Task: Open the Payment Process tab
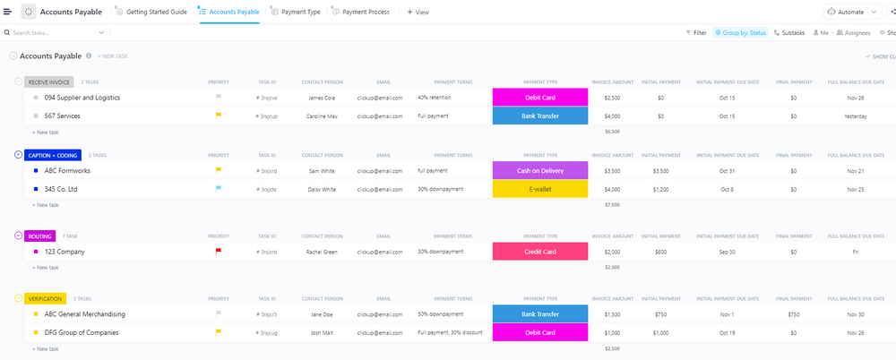(366, 13)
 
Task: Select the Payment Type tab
(300, 13)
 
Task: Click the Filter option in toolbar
(696, 32)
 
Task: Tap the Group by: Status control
(740, 32)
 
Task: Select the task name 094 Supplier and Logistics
(82, 98)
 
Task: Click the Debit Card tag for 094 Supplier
(539, 98)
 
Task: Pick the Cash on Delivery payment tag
(539, 170)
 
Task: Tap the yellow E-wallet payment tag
(539, 189)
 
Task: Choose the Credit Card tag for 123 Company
(539, 252)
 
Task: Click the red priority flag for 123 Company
(218, 252)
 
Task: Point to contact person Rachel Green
(322, 252)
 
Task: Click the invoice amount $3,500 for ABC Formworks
(612, 170)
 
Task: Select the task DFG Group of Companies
(82, 332)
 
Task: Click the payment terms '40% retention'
(435, 98)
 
